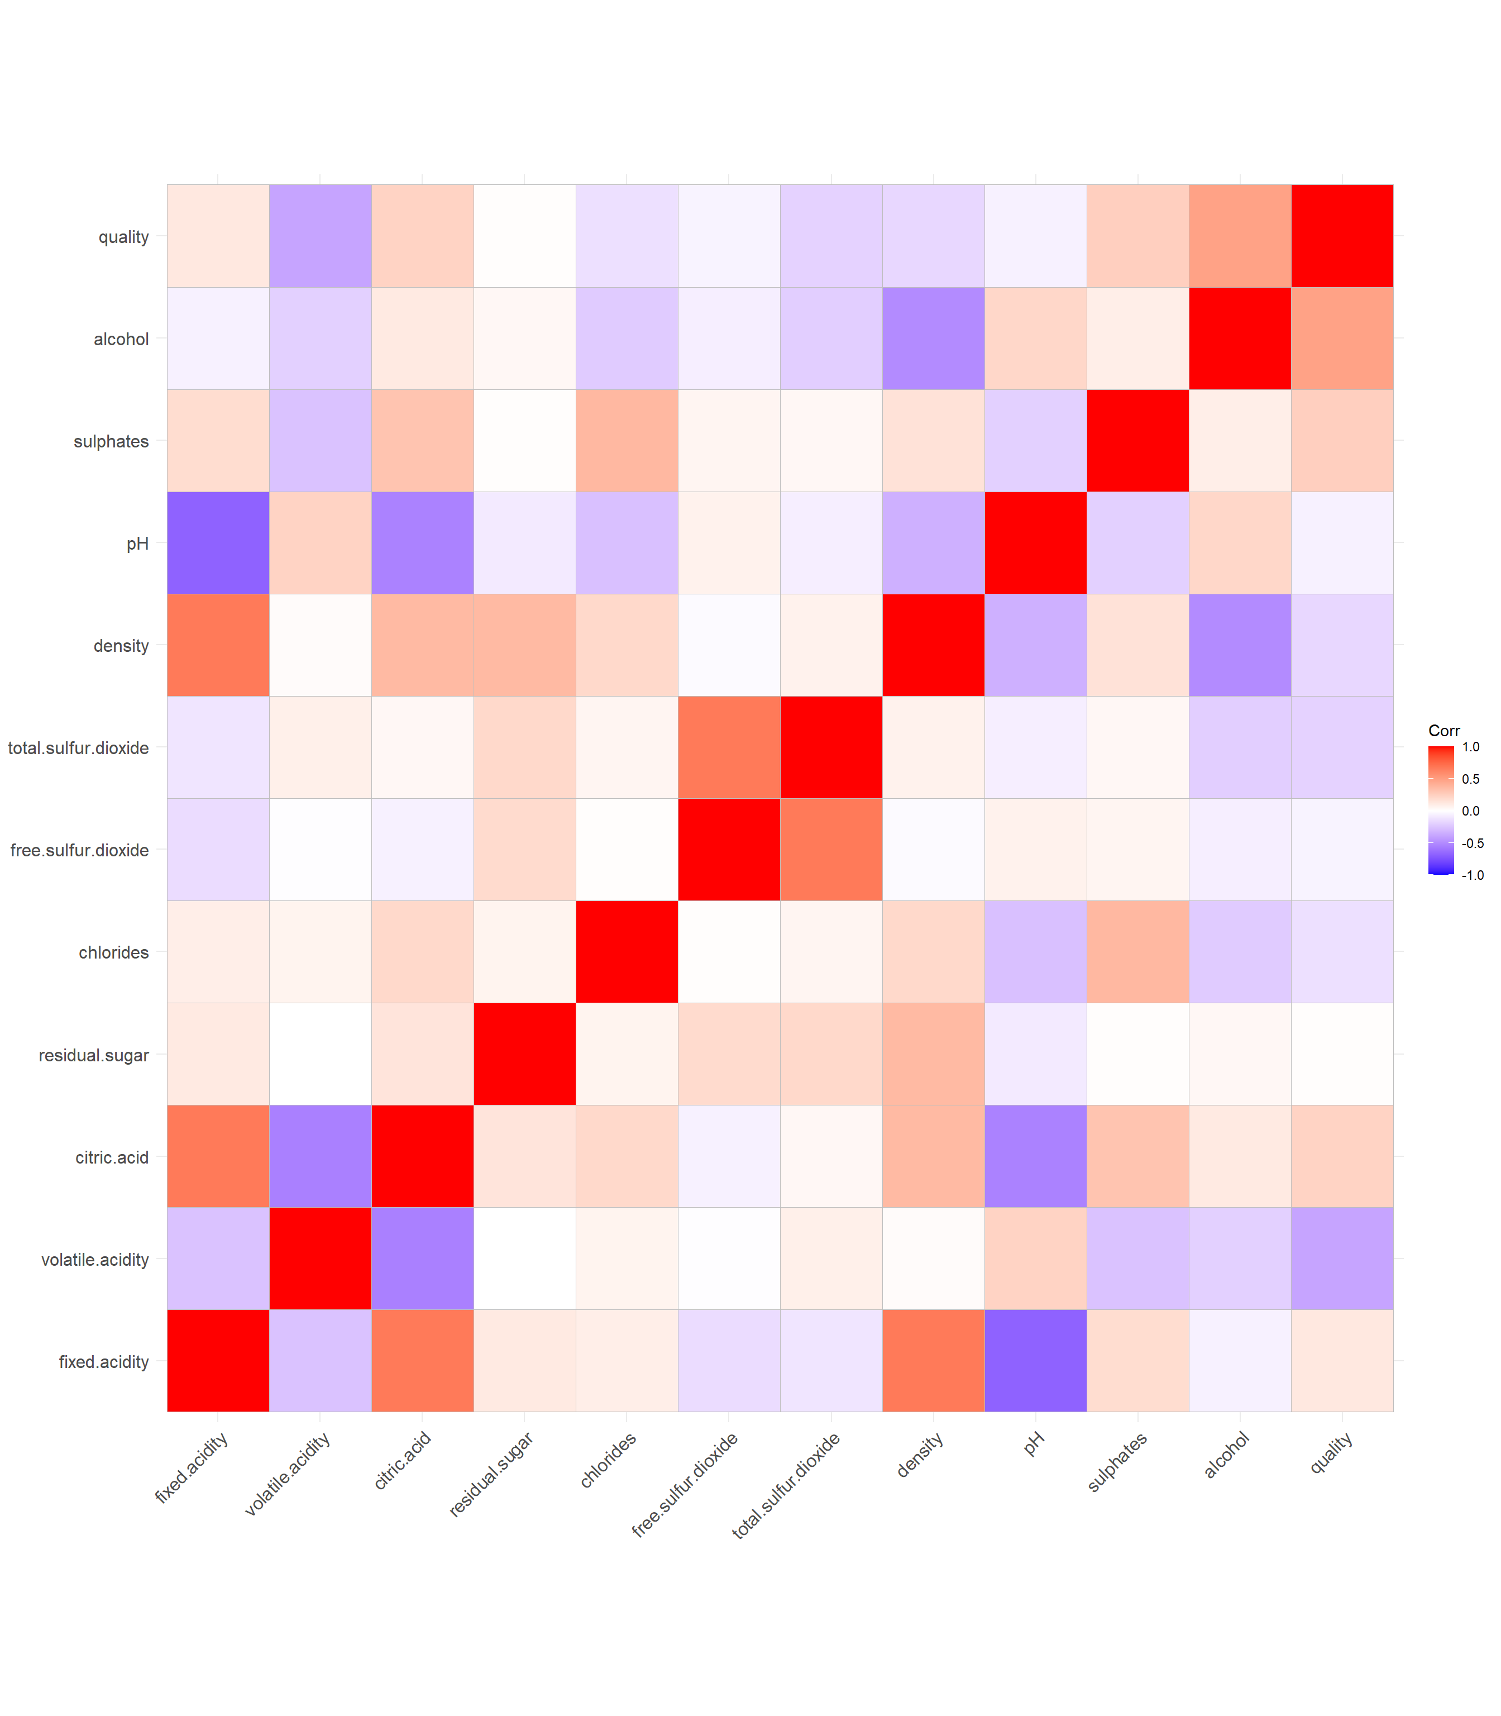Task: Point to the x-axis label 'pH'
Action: (x=1034, y=1443)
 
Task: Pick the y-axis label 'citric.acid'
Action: (x=112, y=1157)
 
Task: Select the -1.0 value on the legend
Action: (x=1472, y=875)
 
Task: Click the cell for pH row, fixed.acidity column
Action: (x=218, y=543)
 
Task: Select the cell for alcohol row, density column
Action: (x=933, y=339)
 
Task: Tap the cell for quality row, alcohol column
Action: (x=1240, y=236)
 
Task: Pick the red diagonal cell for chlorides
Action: (x=627, y=952)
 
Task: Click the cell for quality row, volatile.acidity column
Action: (x=320, y=236)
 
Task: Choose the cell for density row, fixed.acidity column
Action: (x=218, y=645)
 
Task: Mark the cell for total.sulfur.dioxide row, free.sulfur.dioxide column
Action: (x=729, y=747)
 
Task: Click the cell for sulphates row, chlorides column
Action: (x=627, y=441)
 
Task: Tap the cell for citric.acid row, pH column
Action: (x=1035, y=1156)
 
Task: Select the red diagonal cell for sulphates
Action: (x=1137, y=441)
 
